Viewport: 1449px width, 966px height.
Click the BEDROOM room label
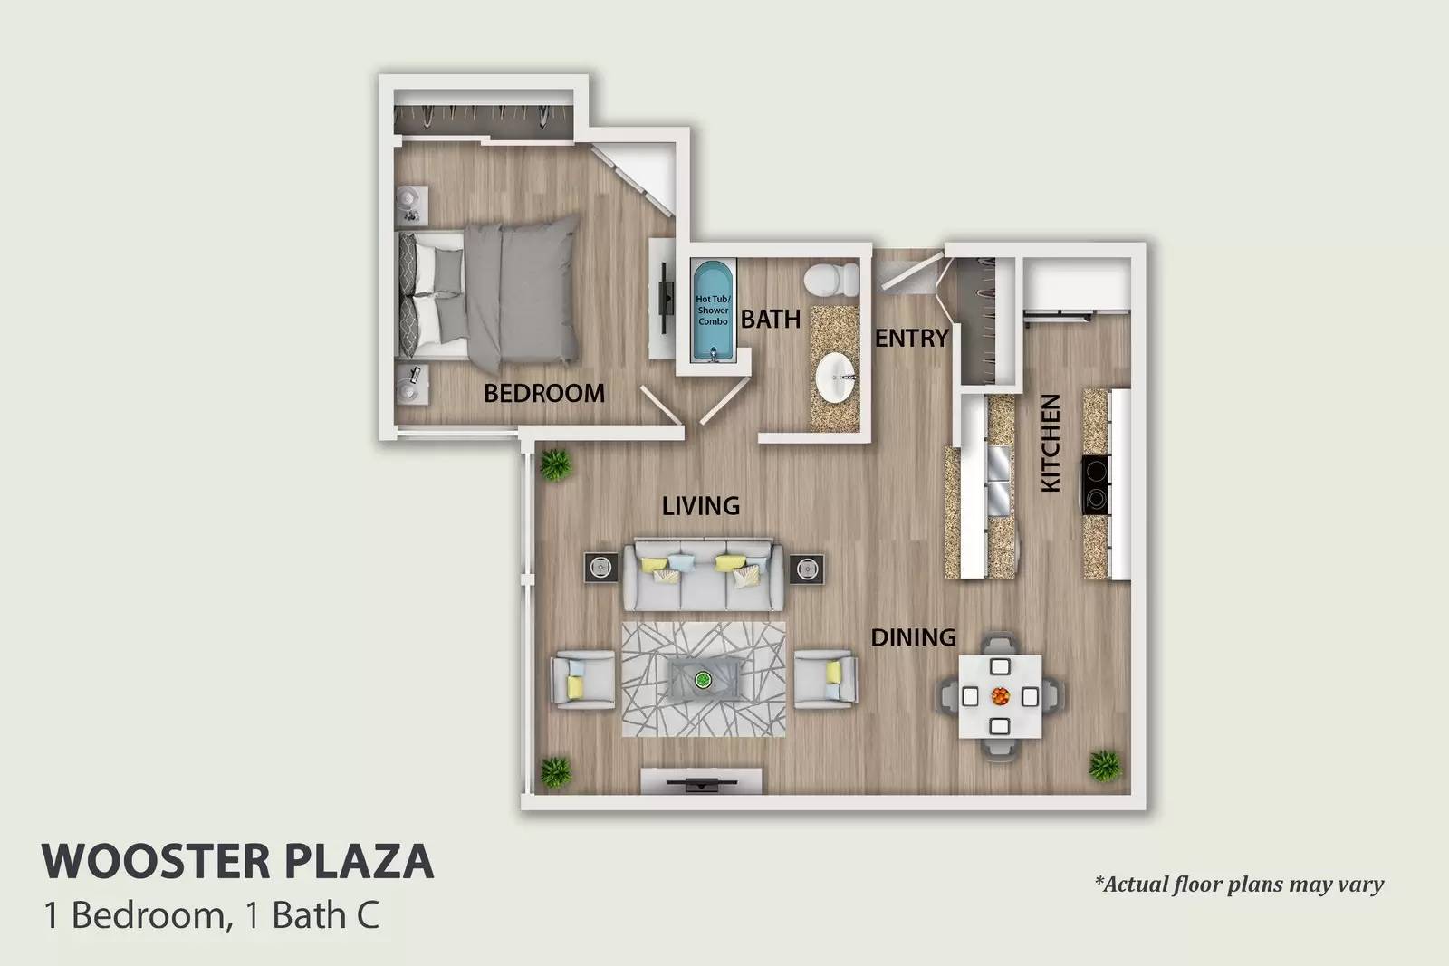tap(544, 393)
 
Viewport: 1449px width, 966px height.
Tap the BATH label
tap(771, 319)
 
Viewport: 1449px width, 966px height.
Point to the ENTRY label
tap(911, 338)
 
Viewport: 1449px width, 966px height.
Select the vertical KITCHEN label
tap(1051, 443)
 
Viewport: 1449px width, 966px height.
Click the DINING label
tap(914, 637)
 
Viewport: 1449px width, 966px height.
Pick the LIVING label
tap(701, 505)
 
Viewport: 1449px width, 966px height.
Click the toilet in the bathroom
tap(831, 280)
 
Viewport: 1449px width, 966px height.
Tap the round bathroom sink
tap(837, 378)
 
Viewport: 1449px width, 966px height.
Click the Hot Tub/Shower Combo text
tap(713, 311)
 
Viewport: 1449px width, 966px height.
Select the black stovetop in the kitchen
tap(1097, 485)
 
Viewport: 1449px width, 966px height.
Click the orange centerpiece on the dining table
tap(1000, 696)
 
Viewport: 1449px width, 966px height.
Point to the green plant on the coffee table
tap(703, 680)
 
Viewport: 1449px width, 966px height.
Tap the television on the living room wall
tap(701, 784)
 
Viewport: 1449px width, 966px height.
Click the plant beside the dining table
tap(1105, 766)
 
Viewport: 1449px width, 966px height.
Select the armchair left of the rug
tap(582, 680)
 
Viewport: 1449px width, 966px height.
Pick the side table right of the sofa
tap(806, 569)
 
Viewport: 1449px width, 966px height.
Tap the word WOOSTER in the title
tap(157, 861)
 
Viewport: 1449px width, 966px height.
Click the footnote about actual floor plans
tap(1239, 885)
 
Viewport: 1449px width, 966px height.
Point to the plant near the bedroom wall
tap(555, 465)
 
